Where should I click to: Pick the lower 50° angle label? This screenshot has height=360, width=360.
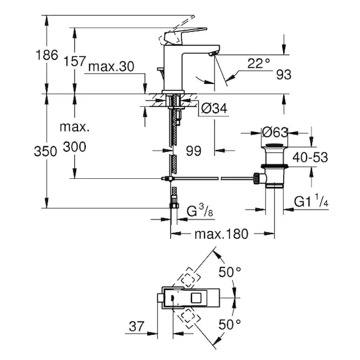point(229,325)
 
